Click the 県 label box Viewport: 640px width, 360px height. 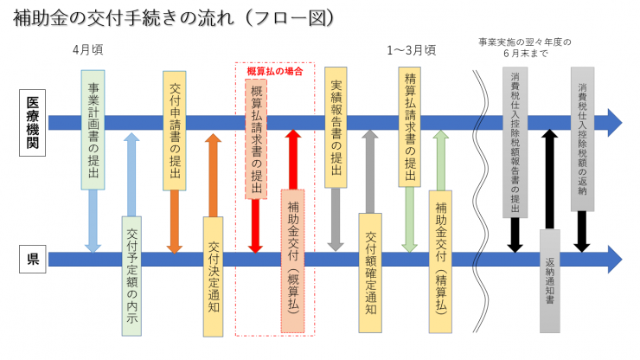(x=32, y=258)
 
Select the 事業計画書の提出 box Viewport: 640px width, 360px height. (x=93, y=130)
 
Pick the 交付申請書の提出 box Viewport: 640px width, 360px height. (x=174, y=130)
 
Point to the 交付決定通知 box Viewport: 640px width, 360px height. (x=214, y=275)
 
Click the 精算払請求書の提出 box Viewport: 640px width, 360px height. (x=409, y=126)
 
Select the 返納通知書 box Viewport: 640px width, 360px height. (x=550, y=280)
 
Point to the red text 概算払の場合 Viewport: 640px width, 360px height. (x=274, y=71)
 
